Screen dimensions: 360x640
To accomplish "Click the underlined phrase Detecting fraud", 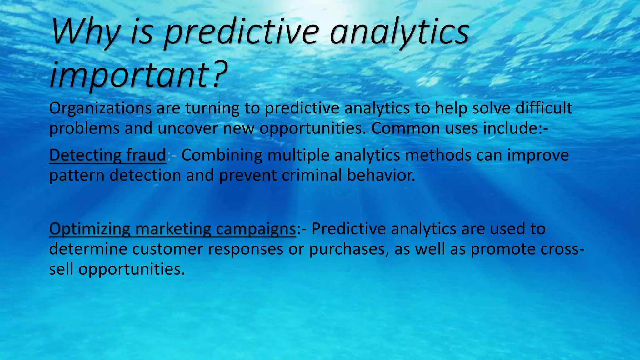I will tap(107, 155).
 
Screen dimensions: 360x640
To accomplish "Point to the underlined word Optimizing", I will tap(89, 229).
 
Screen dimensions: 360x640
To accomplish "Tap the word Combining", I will tap(222, 155).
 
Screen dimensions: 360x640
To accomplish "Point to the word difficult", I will tap(543, 108).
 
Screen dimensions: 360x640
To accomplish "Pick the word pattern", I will tap(77, 175).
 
